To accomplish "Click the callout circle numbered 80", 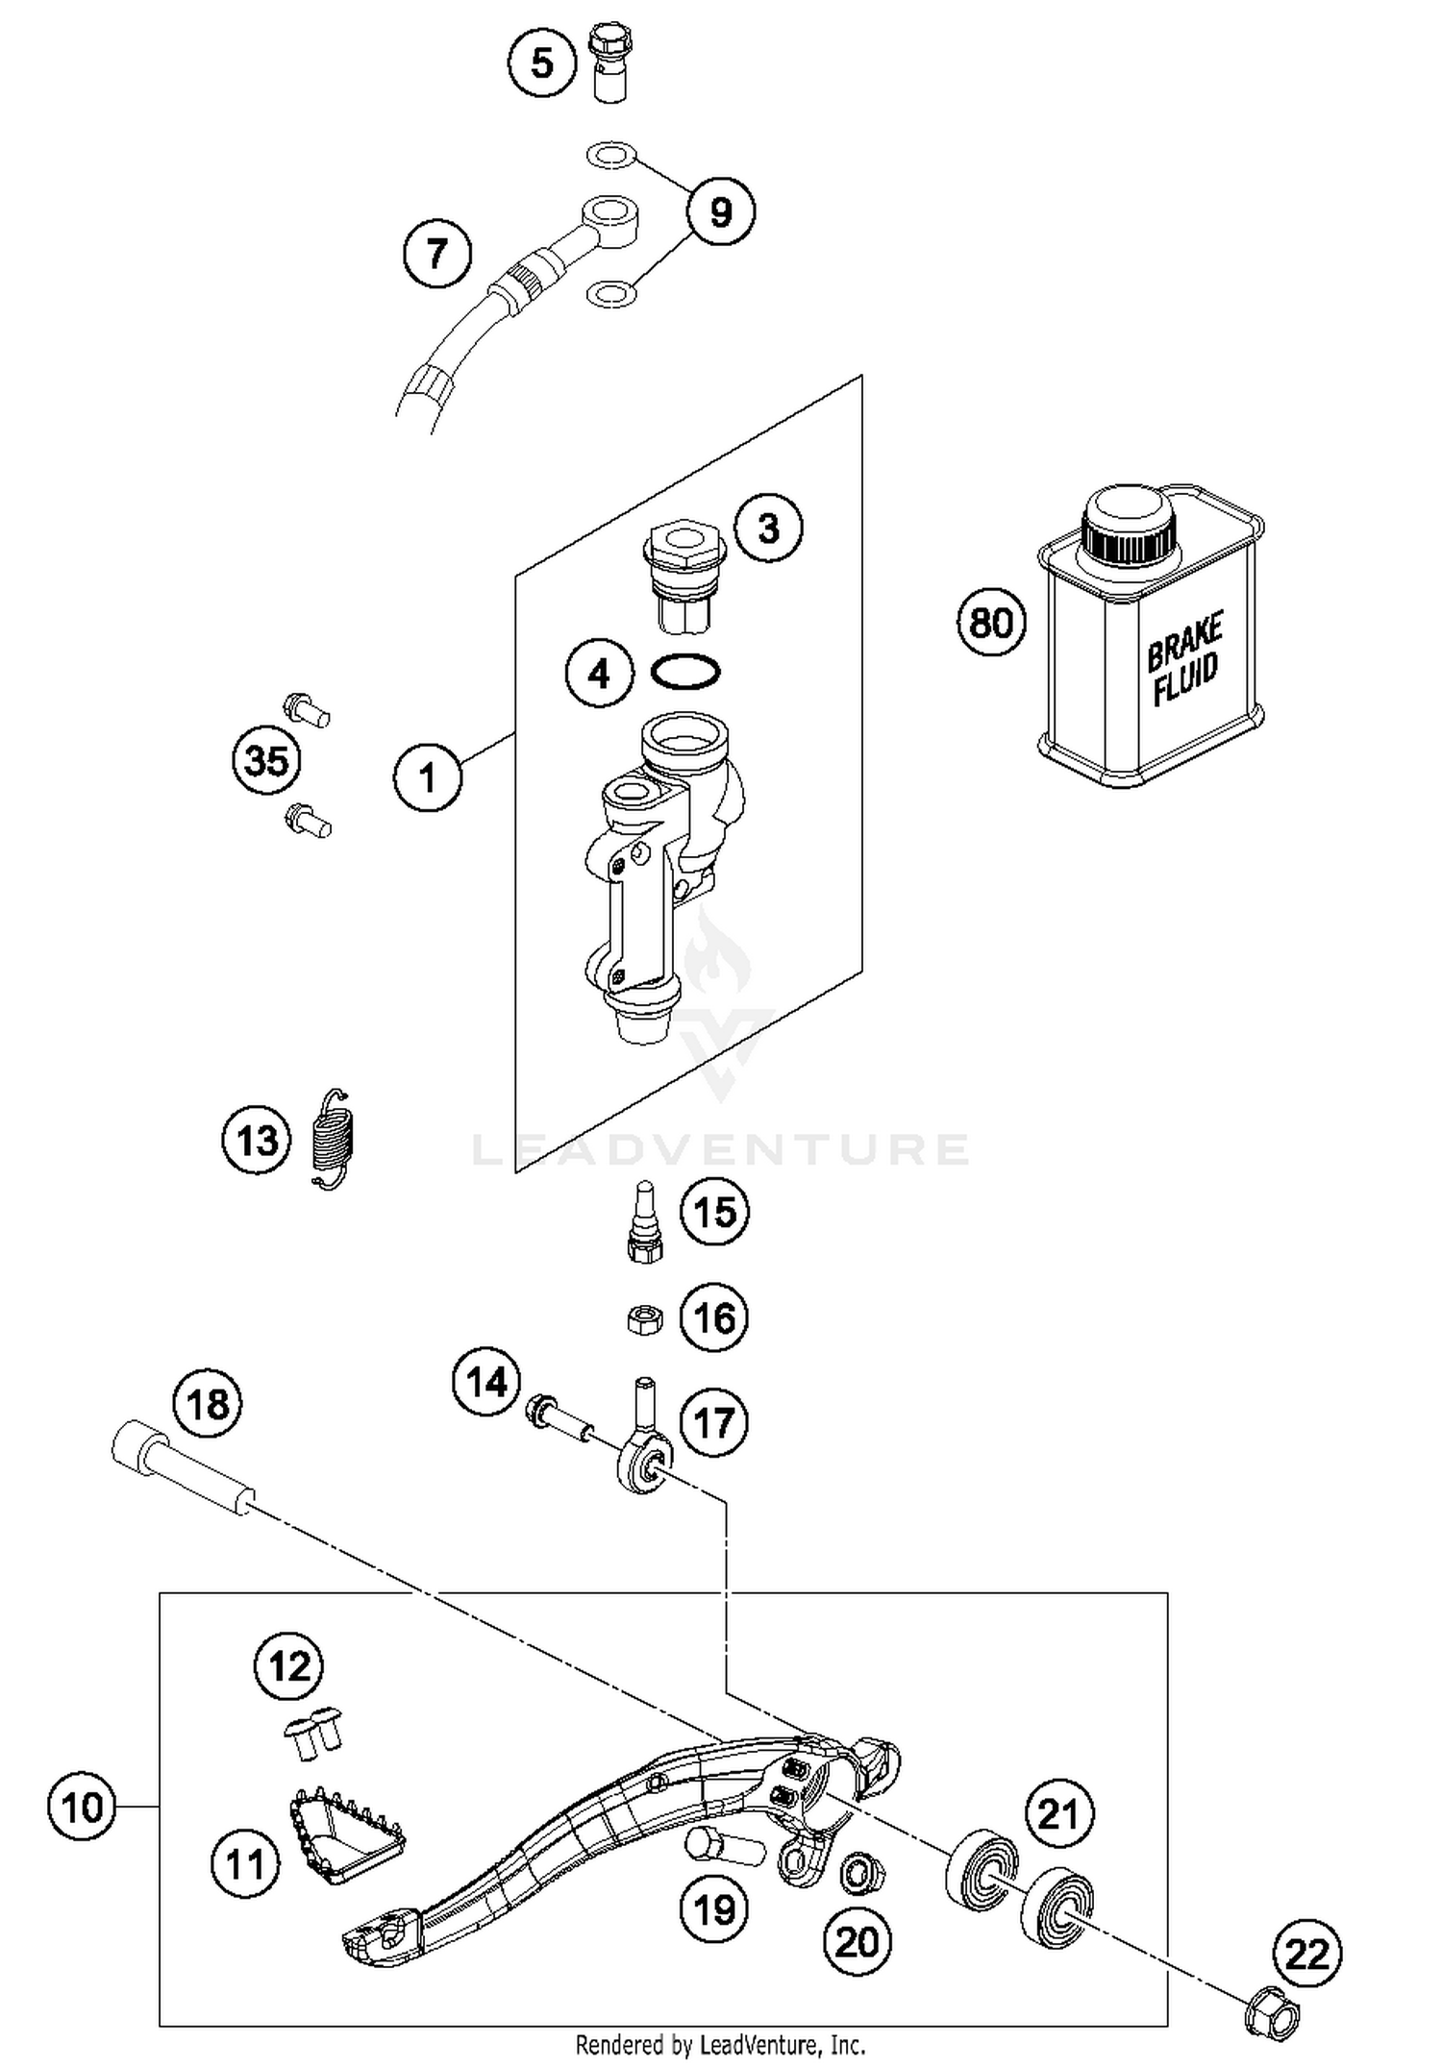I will pyautogui.click(x=991, y=623).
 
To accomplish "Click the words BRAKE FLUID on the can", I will pyautogui.click(x=1184, y=658).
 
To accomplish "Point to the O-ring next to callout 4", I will pyautogui.click(x=684, y=672).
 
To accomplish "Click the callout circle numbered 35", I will pyautogui.click(x=266, y=760).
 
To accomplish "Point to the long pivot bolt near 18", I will pyautogui.click(x=184, y=1473).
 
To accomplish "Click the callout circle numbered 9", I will pyautogui.click(x=720, y=211).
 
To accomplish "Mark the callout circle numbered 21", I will pyautogui.click(x=1058, y=1814).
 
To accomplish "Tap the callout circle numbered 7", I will pyautogui.click(x=437, y=254).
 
